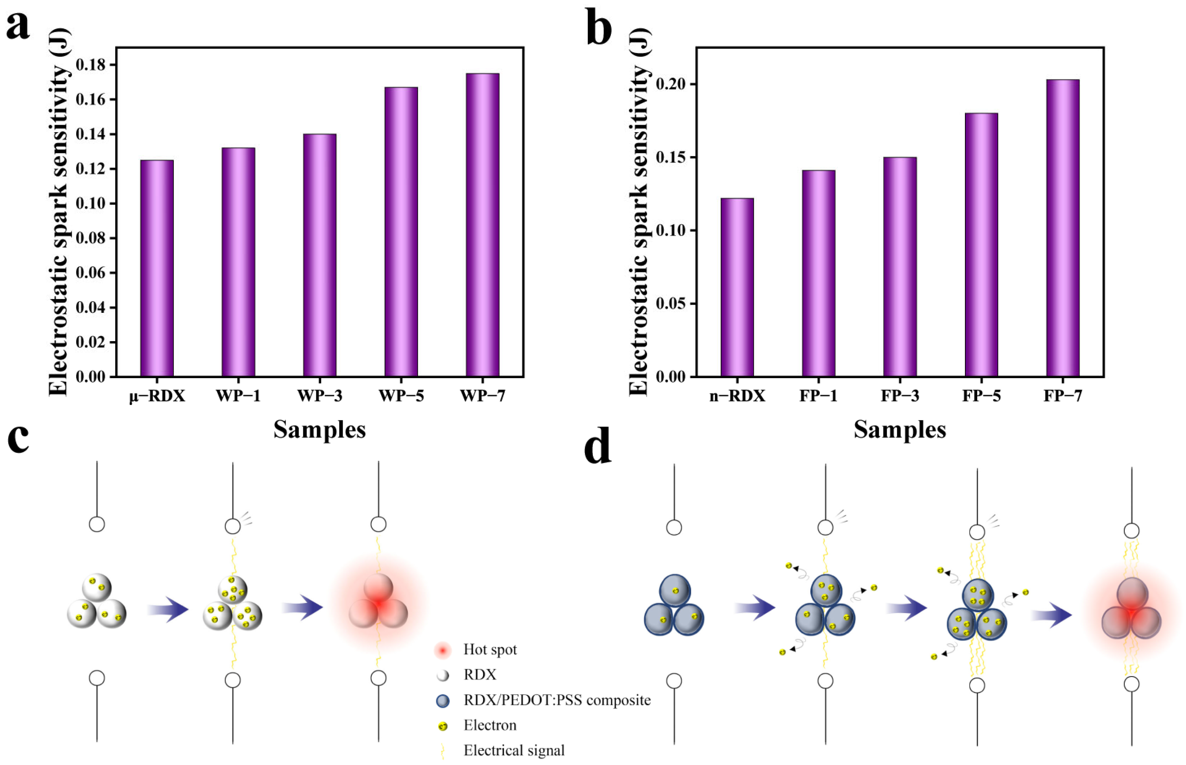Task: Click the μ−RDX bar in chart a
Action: (157, 268)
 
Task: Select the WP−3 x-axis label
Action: (320, 396)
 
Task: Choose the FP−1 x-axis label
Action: (818, 396)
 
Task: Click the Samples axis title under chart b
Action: (900, 430)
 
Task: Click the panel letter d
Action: (597, 447)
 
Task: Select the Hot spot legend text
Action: (490, 650)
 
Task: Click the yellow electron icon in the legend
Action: (442, 726)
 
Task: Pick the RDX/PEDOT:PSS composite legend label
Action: (557, 700)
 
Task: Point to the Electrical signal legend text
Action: (514, 750)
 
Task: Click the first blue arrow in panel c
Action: (168, 610)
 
